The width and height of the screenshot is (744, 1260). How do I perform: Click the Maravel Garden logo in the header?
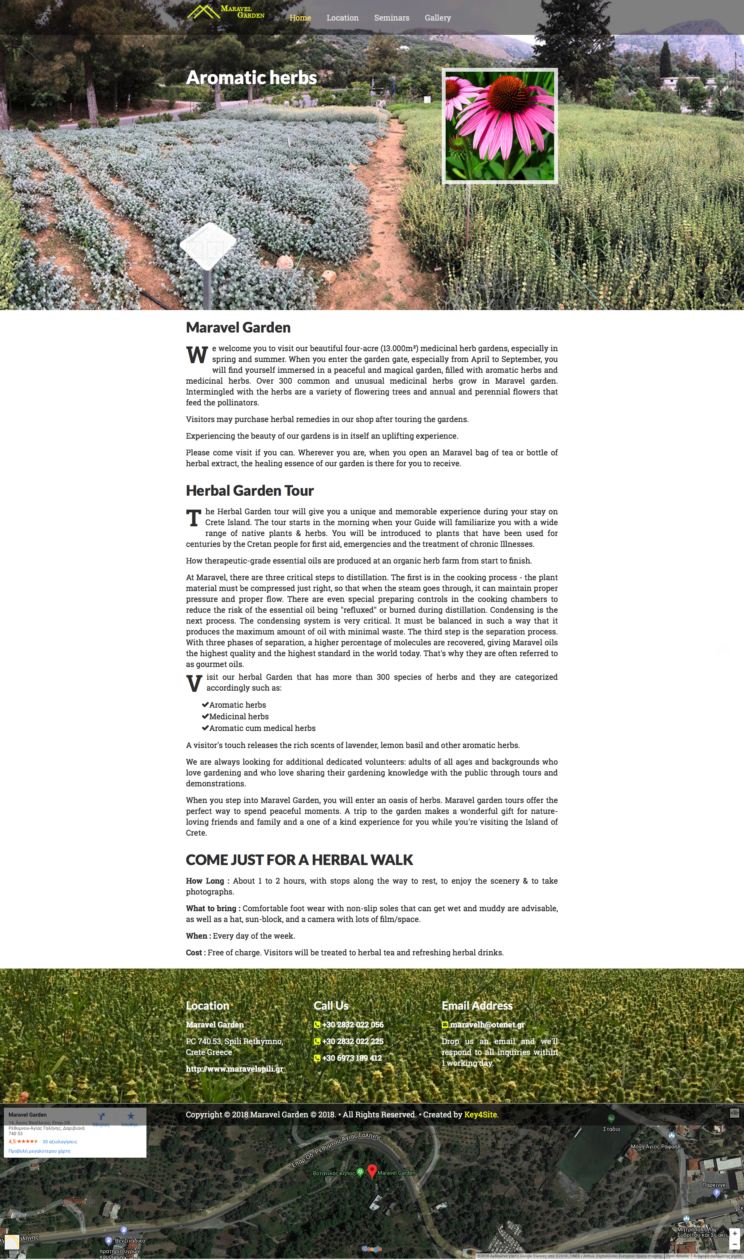(x=226, y=12)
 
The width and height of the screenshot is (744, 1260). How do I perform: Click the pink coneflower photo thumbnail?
(x=499, y=126)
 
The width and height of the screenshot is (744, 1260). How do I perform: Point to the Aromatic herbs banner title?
(x=251, y=78)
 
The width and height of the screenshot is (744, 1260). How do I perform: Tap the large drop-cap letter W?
(x=197, y=355)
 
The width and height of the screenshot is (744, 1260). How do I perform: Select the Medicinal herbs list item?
(x=239, y=717)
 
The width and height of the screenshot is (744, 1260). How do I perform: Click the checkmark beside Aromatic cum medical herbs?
(x=205, y=728)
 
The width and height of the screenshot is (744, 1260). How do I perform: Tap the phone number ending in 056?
(x=353, y=1025)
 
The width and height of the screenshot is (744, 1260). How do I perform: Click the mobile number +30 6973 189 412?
(x=351, y=1058)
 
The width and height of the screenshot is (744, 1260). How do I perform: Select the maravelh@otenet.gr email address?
(x=487, y=1025)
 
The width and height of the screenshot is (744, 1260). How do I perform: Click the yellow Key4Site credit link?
(x=480, y=1115)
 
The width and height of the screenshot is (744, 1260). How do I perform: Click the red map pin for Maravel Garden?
(x=372, y=1171)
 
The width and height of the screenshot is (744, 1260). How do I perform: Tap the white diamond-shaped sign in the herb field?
(x=208, y=246)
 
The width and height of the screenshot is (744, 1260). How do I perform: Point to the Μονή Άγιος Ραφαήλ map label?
(x=655, y=1147)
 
